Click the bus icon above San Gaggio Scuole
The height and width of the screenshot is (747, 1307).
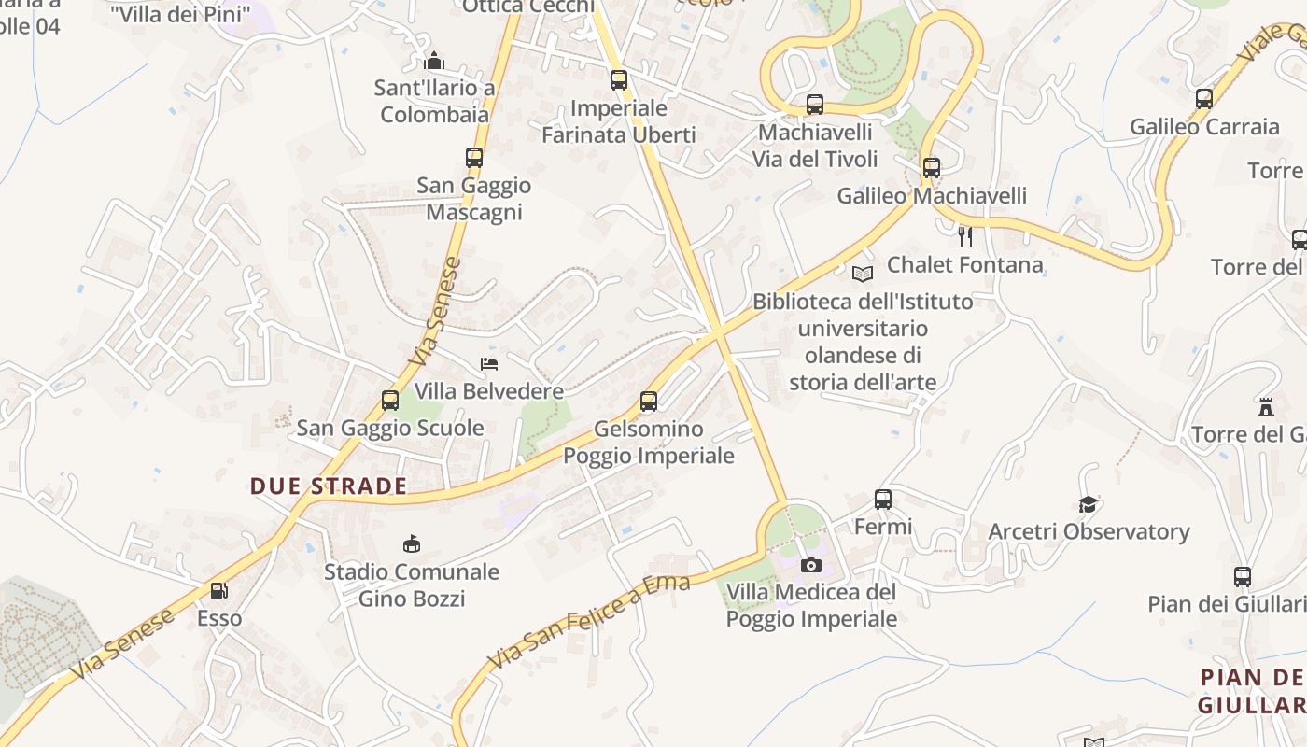[x=390, y=401]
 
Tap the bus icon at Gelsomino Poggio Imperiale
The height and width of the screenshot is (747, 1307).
[x=649, y=402]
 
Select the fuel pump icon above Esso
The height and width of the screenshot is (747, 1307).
[x=218, y=591]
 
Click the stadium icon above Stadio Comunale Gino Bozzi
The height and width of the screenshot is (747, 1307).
[x=411, y=543]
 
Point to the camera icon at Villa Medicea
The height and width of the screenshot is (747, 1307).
[x=811, y=565]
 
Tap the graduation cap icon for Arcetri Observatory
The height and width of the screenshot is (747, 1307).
[x=1088, y=504]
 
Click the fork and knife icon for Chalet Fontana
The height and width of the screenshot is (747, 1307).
[x=965, y=237]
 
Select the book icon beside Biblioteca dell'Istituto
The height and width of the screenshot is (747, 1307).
[x=863, y=274]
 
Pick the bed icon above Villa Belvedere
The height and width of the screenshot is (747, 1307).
[x=489, y=363]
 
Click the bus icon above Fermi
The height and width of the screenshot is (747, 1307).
[x=883, y=500]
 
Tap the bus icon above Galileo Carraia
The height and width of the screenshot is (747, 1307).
[x=1204, y=99]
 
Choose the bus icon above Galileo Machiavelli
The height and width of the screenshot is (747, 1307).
[x=932, y=168]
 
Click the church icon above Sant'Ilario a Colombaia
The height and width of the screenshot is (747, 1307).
[x=434, y=62]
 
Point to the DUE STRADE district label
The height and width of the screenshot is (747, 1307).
[x=329, y=486]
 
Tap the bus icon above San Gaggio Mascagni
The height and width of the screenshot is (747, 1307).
[x=474, y=158]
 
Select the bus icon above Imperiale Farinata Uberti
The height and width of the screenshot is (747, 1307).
[x=619, y=80]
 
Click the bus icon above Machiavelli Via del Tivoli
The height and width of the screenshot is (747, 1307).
[x=815, y=105]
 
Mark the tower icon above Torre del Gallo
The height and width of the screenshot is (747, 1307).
[x=1266, y=407]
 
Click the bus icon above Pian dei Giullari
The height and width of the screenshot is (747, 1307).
[x=1243, y=577]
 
